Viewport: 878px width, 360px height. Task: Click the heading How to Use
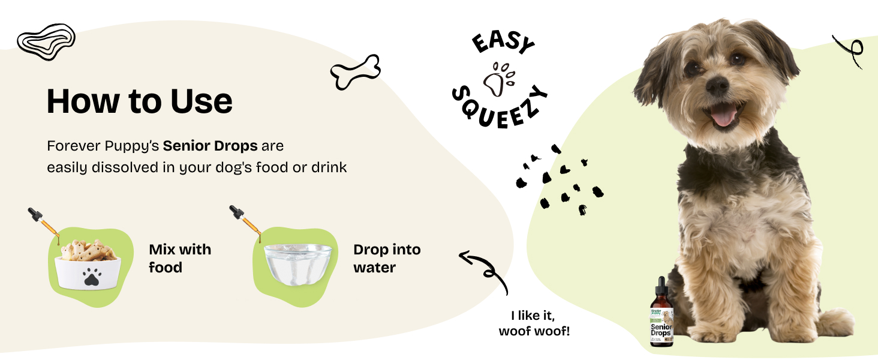(x=139, y=101)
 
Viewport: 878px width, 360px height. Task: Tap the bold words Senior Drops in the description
(x=210, y=146)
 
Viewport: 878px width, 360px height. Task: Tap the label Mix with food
(x=180, y=258)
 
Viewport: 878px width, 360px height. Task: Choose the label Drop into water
(x=387, y=258)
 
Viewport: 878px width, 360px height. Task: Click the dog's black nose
(x=717, y=86)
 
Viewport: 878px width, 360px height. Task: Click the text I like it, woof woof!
(x=534, y=323)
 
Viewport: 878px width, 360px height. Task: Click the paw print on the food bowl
(x=91, y=277)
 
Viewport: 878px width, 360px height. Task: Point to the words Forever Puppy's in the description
(x=103, y=146)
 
